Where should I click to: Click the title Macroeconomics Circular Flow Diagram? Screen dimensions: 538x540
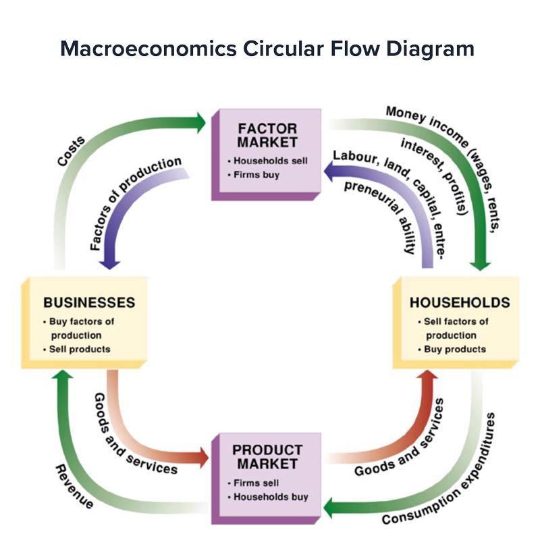(x=267, y=49)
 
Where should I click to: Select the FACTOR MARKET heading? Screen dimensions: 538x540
(x=267, y=135)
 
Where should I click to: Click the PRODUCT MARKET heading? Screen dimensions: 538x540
(x=267, y=457)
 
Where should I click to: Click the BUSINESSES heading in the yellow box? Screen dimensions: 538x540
(x=89, y=302)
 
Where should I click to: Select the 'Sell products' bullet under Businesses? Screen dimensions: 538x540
(x=80, y=349)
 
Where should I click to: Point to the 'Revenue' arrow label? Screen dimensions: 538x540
(x=75, y=484)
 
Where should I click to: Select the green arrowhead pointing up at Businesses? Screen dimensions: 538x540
(x=61, y=379)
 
